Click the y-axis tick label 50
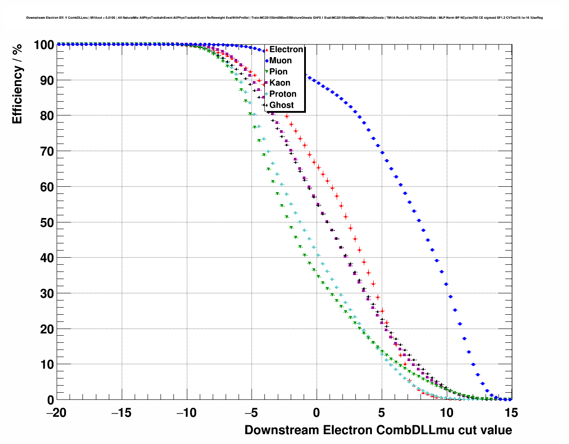[44, 222]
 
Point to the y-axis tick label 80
[44, 116]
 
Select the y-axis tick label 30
[44, 294]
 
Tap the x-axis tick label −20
[56, 413]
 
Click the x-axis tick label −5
[251, 413]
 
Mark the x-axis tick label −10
[186, 413]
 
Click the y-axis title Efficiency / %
[17, 84]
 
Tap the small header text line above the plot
[284, 18]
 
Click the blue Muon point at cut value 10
[446, 284]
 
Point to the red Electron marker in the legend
[267, 50]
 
